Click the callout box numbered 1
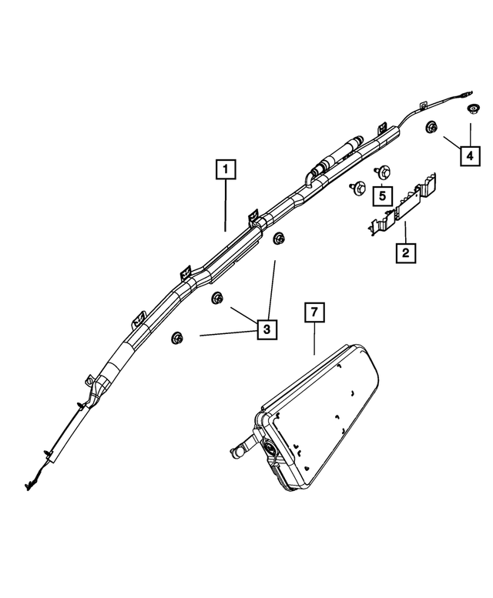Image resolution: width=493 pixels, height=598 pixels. click(x=225, y=168)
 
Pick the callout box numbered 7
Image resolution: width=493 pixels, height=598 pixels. click(x=314, y=313)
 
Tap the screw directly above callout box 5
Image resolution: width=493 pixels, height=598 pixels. click(x=380, y=172)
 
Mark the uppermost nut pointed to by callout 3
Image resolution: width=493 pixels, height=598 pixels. click(x=279, y=239)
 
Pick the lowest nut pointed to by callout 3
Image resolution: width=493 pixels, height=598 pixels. click(x=179, y=336)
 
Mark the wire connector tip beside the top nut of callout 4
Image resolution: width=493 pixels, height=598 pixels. click(x=468, y=95)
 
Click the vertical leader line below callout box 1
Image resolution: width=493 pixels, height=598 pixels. click(x=225, y=204)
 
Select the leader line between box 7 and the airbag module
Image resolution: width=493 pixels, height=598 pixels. click(x=314, y=339)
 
